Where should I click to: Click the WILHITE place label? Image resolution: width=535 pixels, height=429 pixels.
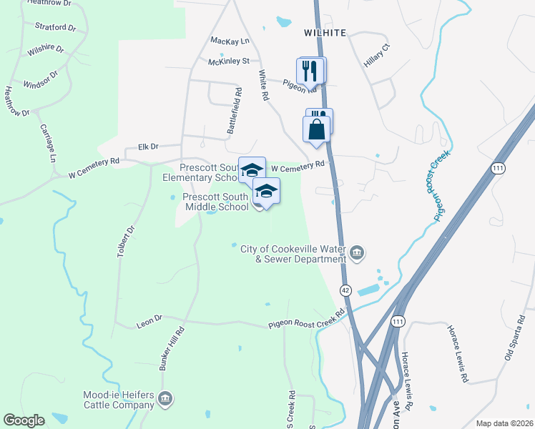click(x=325, y=33)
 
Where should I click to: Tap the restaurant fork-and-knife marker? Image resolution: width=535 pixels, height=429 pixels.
click(x=310, y=71)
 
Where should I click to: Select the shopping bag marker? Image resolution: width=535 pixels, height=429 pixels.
click(x=317, y=130)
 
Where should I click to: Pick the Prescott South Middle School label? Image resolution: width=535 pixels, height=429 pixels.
click(x=215, y=202)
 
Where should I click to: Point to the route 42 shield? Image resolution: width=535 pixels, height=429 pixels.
click(x=346, y=290)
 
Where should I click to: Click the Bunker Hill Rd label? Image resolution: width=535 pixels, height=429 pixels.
click(x=171, y=347)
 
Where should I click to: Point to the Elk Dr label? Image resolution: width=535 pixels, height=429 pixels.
click(x=147, y=147)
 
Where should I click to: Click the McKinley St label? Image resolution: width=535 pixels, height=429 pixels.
click(x=228, y=62)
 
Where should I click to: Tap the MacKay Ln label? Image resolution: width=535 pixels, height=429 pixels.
click(x=229, y=41)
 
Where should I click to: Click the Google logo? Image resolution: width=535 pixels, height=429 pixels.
click(x=24, y=420)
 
